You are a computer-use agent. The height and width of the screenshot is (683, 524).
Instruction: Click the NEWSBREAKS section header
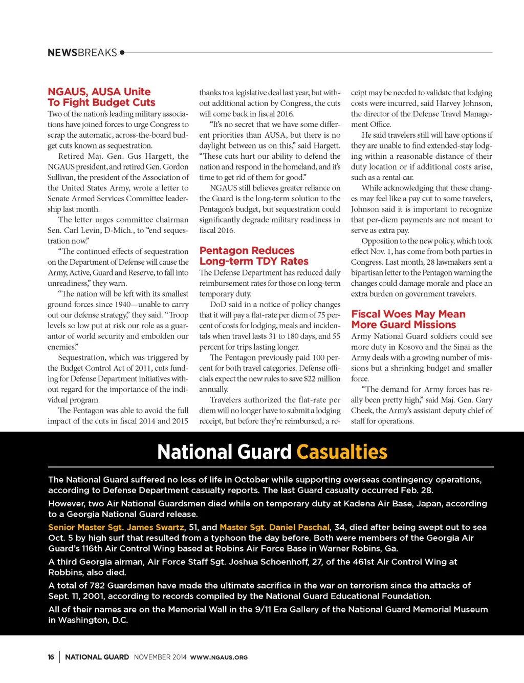[x=82, y=53]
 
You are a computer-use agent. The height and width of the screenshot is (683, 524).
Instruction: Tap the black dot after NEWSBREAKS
[x=122, y=52]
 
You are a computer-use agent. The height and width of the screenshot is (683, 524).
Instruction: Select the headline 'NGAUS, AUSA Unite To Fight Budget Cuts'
[x=101, y=97]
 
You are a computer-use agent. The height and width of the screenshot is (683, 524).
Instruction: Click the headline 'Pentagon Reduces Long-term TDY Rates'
[x=254, y=256]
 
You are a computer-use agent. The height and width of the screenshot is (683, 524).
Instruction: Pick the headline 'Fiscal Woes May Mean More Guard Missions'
[x=408, y=319]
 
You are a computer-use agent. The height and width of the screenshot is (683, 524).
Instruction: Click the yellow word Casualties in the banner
[x=342, y=452]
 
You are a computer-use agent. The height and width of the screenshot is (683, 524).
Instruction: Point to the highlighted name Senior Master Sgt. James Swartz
[x=116, y=527]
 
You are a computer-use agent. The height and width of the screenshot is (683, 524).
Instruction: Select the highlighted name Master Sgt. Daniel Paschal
[x=274, y=527]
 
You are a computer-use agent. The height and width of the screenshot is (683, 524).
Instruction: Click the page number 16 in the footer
[x=51, y=657]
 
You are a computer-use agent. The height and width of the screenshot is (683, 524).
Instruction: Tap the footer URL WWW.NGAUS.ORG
[x=219, y=657]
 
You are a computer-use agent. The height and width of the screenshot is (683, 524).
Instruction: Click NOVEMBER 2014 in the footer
[x=160, y=657]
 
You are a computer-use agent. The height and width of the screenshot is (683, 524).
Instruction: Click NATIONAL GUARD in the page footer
[x=97, y=657]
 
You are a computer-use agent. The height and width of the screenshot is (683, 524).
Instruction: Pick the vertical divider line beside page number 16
[x=59, y=657]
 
